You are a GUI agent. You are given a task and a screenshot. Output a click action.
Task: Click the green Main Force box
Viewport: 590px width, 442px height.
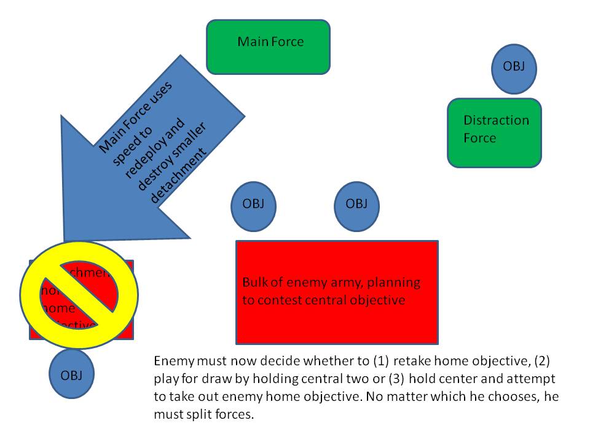point(268,47)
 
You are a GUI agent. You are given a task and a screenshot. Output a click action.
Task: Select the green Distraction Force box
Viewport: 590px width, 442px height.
point(494,133)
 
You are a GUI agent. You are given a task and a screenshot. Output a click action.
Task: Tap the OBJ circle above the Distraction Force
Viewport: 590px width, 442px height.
point(514,66)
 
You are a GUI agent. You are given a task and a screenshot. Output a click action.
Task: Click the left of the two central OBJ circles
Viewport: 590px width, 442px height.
point(252,204)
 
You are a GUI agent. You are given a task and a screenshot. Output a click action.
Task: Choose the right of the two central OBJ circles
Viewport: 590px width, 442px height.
point(356,204)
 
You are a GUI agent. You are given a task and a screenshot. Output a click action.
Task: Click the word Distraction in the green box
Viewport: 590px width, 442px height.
point(495,120)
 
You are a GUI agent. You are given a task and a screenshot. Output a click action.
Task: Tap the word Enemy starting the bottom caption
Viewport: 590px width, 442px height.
point(170,360)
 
